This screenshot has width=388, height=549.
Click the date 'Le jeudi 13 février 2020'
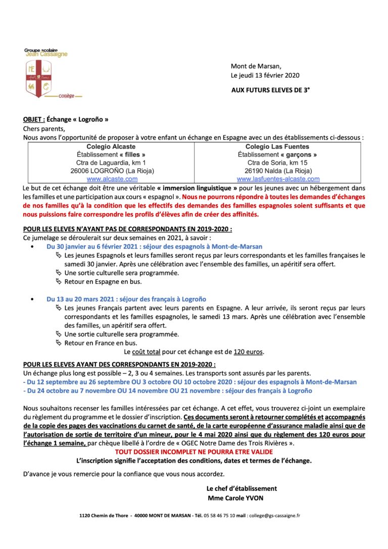pos(265,75)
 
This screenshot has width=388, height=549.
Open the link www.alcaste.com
pos(112,179)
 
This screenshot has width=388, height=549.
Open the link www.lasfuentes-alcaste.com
pos(278,179)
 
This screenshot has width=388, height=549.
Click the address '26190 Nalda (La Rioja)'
pos(277,171)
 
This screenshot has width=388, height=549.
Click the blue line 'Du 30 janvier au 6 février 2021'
pos(154,246)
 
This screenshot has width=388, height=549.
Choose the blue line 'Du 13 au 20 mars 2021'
pos(126,299)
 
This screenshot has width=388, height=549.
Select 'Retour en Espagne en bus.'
pos(103,281)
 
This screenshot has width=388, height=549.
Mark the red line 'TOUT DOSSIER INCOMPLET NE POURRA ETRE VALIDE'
pos(193,453)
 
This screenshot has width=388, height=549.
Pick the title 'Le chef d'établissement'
pos(241,488)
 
